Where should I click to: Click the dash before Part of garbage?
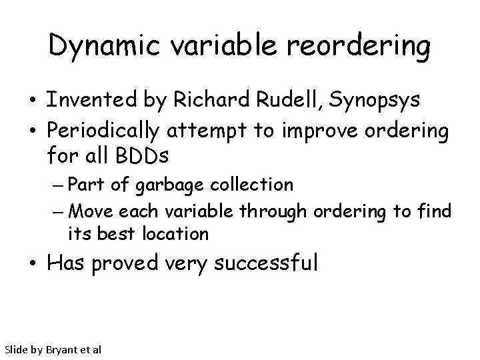click(56, 184)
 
